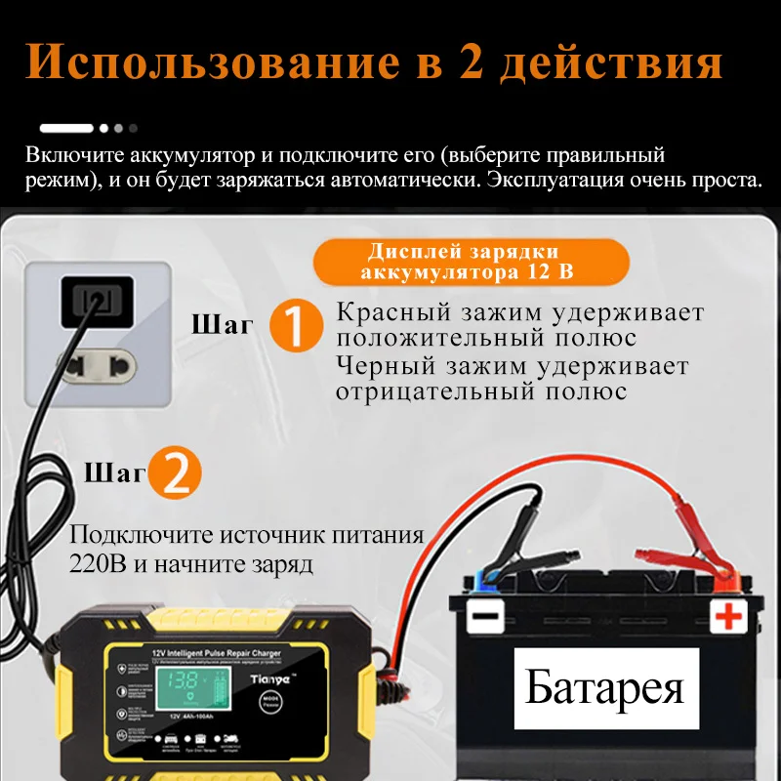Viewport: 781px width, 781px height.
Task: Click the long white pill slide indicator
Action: coord(66,127)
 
